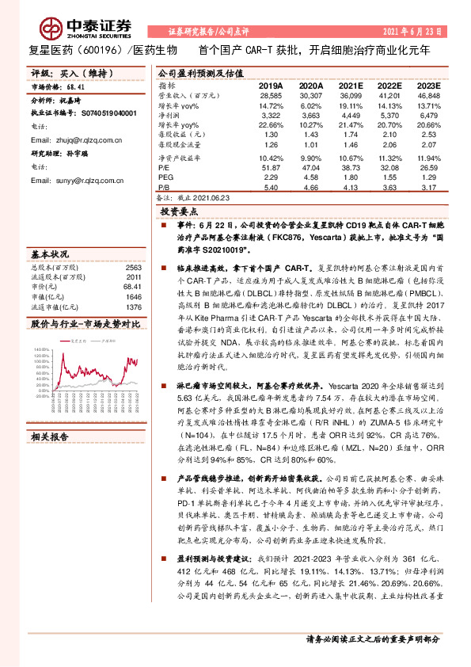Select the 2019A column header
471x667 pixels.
[271, 85]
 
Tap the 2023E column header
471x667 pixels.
[427, 85]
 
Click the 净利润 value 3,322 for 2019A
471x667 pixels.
[271, 116]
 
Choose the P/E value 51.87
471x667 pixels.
[271, 168]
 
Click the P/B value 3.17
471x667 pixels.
[427, 187]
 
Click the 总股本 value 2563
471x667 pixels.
[133, 268]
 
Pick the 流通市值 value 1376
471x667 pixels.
[133, 307]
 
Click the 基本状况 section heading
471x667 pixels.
[49, 254]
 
